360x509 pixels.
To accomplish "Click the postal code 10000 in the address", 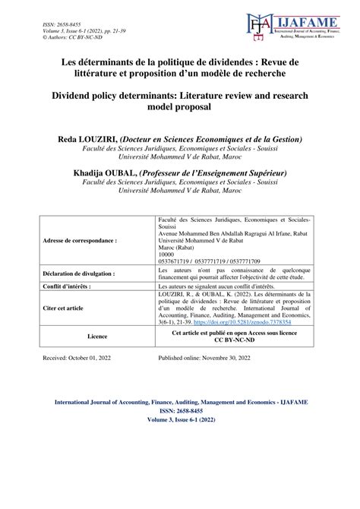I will pos(165,253).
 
